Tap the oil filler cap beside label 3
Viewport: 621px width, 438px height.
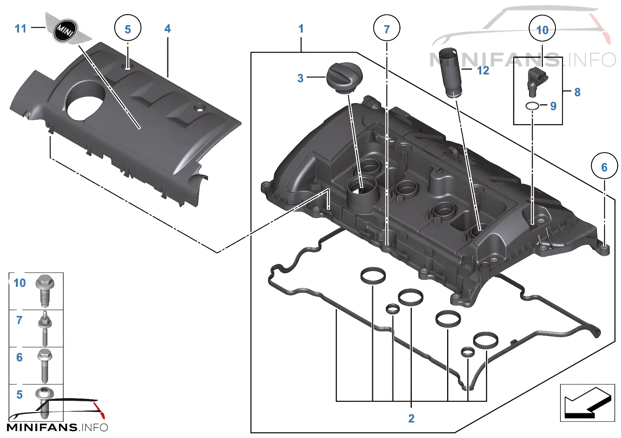click(x=345, y=78)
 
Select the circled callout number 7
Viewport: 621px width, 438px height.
click(x=387, y=28)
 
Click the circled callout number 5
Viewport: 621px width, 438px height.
click(x=128, y=28)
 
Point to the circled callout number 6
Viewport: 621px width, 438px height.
click(x=605, y=166)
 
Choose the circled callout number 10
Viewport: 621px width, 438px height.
click(x=542, y=29)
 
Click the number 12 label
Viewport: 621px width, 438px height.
click(x=483, y=71)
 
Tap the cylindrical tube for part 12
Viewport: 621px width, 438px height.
click(x=450, y=73)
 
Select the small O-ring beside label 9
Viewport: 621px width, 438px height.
click(x=532, y=106)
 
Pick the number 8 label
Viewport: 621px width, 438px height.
click(x=578, y=92)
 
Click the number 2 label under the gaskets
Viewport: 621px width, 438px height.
click(x=411, y=418)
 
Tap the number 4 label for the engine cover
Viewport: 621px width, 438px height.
click(x=167, y=29)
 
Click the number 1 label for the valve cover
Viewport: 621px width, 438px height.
click(x=301, y=29)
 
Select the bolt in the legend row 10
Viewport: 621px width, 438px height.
click(x=45, y=291)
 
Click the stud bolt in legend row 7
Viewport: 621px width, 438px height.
click(x=45, y=328)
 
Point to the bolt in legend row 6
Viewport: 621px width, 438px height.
click(x=45, y=366)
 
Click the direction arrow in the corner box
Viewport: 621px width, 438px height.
click(x=588, y=403)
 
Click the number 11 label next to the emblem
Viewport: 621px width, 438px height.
click(x=21, y=29)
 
